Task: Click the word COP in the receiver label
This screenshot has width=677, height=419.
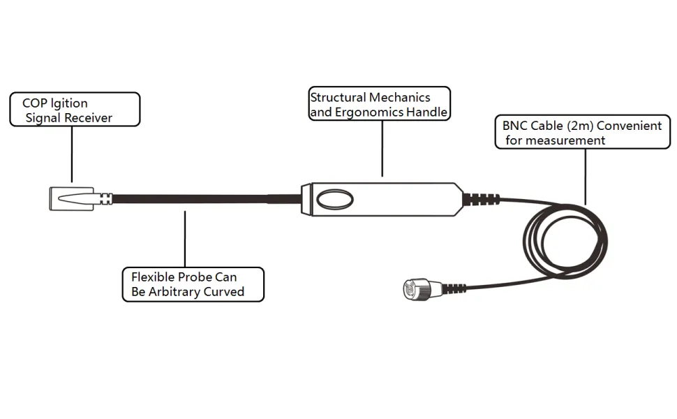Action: click(34, 104)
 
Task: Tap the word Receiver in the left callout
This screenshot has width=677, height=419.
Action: click(88, 118)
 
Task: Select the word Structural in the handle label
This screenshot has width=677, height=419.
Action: click(338, 98)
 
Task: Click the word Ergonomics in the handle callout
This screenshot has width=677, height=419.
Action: click(364, 112)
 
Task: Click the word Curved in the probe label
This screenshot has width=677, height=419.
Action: click(223, 291)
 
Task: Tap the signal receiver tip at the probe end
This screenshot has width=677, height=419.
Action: click(71, 198)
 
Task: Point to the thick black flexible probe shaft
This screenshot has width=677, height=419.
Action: click(202, 199)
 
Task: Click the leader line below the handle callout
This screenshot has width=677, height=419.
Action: click(382, 147)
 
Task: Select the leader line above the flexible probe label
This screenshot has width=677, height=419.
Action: click(185, 237)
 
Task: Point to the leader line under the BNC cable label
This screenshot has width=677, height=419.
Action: click(586, 175)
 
